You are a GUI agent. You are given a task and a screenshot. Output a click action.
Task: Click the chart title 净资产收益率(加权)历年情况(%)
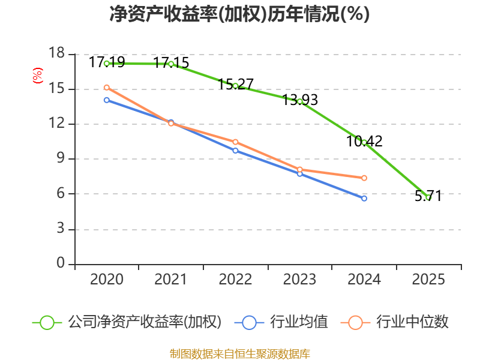click(239, 14)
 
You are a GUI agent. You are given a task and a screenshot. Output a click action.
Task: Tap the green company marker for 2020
click(107, 63)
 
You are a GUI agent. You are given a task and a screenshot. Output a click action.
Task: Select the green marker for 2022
click(235, 86)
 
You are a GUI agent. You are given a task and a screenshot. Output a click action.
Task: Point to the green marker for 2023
click(299, 101)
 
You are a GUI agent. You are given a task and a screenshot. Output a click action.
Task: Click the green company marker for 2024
click(364, 142)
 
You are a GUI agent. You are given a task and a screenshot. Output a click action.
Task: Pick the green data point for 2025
click(428, 197)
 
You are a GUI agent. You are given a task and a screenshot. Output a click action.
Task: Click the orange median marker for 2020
click(107, 88)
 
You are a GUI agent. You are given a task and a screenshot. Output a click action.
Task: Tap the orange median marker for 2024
click(364, 178)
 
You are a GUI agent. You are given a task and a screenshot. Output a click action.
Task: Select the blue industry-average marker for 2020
click(107, 100)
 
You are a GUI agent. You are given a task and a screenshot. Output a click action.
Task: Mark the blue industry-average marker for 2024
click(364, 198)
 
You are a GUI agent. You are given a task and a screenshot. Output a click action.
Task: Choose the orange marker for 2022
click(235, 142)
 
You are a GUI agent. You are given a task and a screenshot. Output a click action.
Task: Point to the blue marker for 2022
click(235, 150)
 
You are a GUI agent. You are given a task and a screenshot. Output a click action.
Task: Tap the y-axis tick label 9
click(61, 159)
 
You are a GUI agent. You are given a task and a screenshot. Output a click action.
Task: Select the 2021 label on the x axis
click(171, 280)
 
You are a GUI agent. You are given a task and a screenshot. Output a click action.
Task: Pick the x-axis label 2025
click(428, 280)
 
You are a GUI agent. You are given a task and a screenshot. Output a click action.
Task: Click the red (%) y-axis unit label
click(38, 76)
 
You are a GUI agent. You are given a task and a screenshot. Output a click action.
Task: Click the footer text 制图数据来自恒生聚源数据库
click(239, 353)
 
